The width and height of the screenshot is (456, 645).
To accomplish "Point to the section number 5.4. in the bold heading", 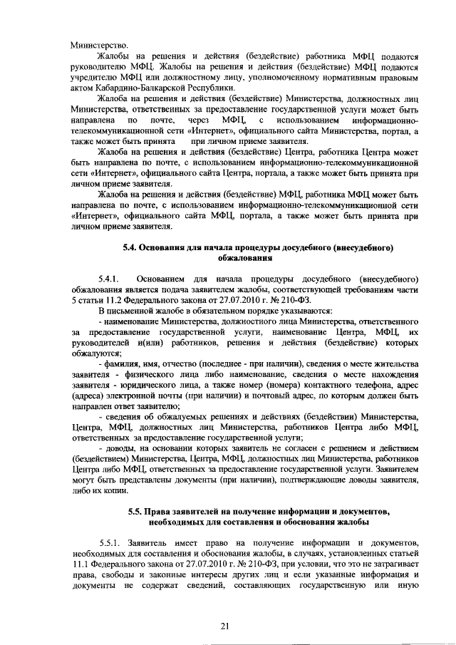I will pos(130,247).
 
